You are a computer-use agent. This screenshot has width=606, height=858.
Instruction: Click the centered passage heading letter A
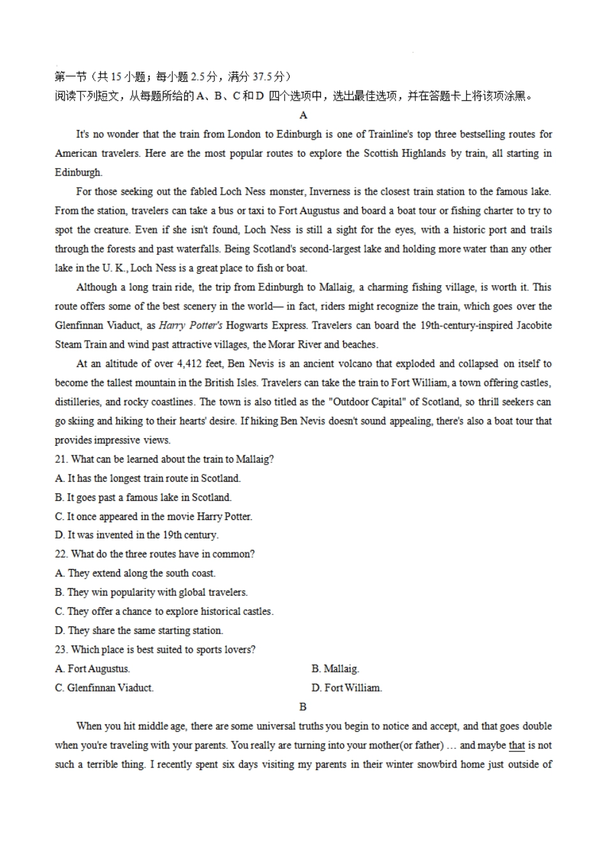coord(303,115)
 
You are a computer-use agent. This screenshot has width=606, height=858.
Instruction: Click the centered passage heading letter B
coord(303,707)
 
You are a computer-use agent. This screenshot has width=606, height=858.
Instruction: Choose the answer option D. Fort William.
coord(346,688)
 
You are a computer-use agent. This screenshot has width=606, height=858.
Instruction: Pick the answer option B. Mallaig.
coord(335,669)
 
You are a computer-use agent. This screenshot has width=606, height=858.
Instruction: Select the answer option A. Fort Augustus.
coord(92,669)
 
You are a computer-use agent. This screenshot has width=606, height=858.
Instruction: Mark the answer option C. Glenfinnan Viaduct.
coord(104,688)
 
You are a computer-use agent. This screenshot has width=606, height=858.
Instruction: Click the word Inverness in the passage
coord(330,191)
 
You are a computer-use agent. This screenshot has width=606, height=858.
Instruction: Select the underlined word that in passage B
coord(517,745)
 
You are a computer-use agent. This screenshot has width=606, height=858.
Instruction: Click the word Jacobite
coord(530,325)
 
